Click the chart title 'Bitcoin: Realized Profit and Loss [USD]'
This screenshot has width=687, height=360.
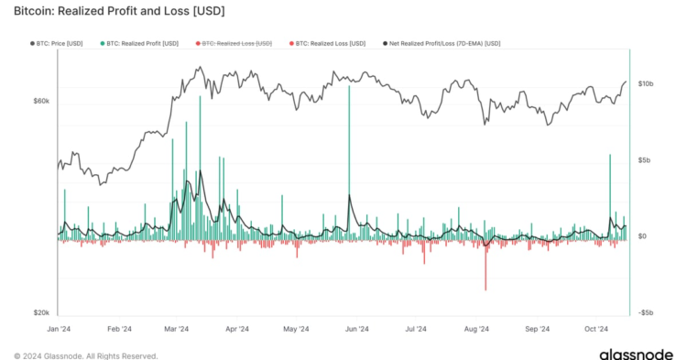click(120, 12)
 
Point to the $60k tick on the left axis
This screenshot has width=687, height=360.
click(41, 101)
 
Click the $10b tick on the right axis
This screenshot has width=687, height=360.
click(646, 83)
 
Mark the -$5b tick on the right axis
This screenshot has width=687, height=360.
click(645, 312)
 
